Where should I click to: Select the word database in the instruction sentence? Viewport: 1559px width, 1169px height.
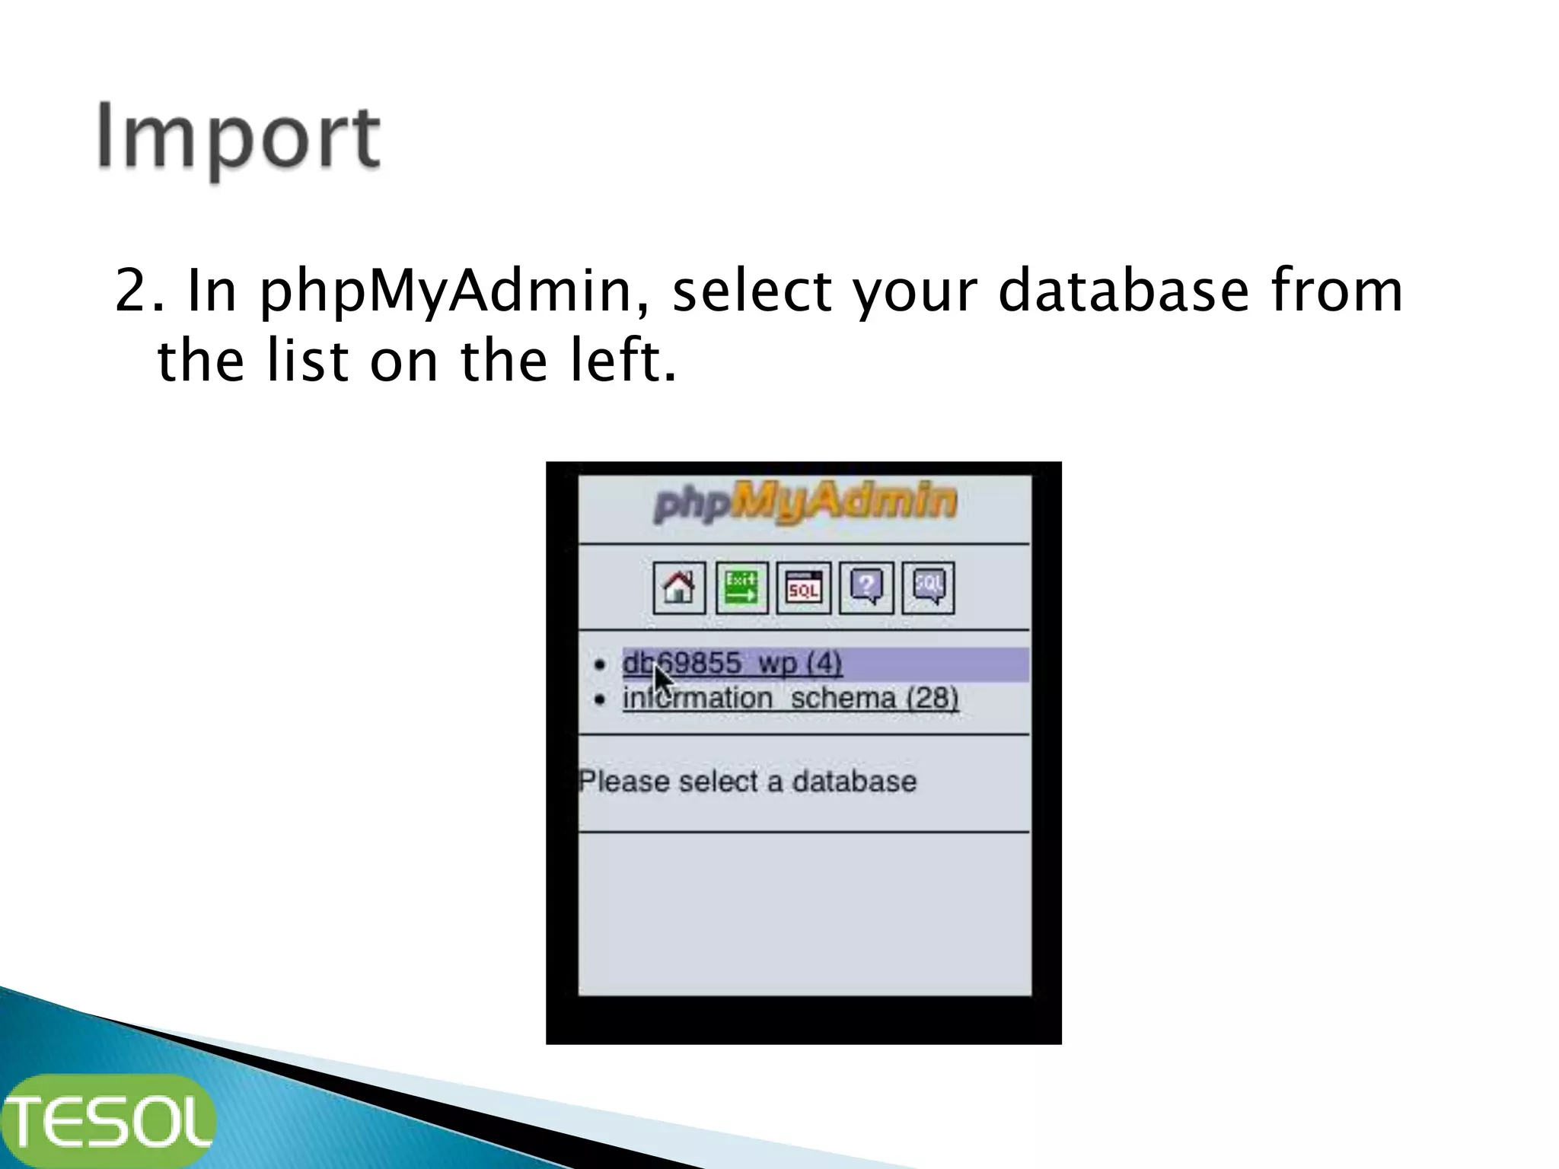[x=1124, y=291]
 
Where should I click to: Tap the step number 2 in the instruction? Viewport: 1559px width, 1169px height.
[x=130, y=291]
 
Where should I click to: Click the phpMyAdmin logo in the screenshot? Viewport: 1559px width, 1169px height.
[x=805, y=502]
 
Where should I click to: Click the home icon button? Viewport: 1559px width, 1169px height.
[x=679, y=588]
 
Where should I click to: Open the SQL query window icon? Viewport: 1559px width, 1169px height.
[x=803, y=588]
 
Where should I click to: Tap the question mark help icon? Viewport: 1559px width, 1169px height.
[x=866, y=588]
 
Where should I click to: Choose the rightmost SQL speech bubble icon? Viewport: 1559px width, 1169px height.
[x=928, y=588]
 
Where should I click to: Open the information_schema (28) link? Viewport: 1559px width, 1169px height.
[x=790, y=699]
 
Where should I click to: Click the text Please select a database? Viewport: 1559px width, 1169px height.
[x=748, y=782]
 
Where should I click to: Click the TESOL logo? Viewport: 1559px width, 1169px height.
[x=108, y=1122]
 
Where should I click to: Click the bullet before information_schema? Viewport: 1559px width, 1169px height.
[x=600, y=699]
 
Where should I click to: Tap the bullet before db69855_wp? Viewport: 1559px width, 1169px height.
[x=600, y=665]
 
